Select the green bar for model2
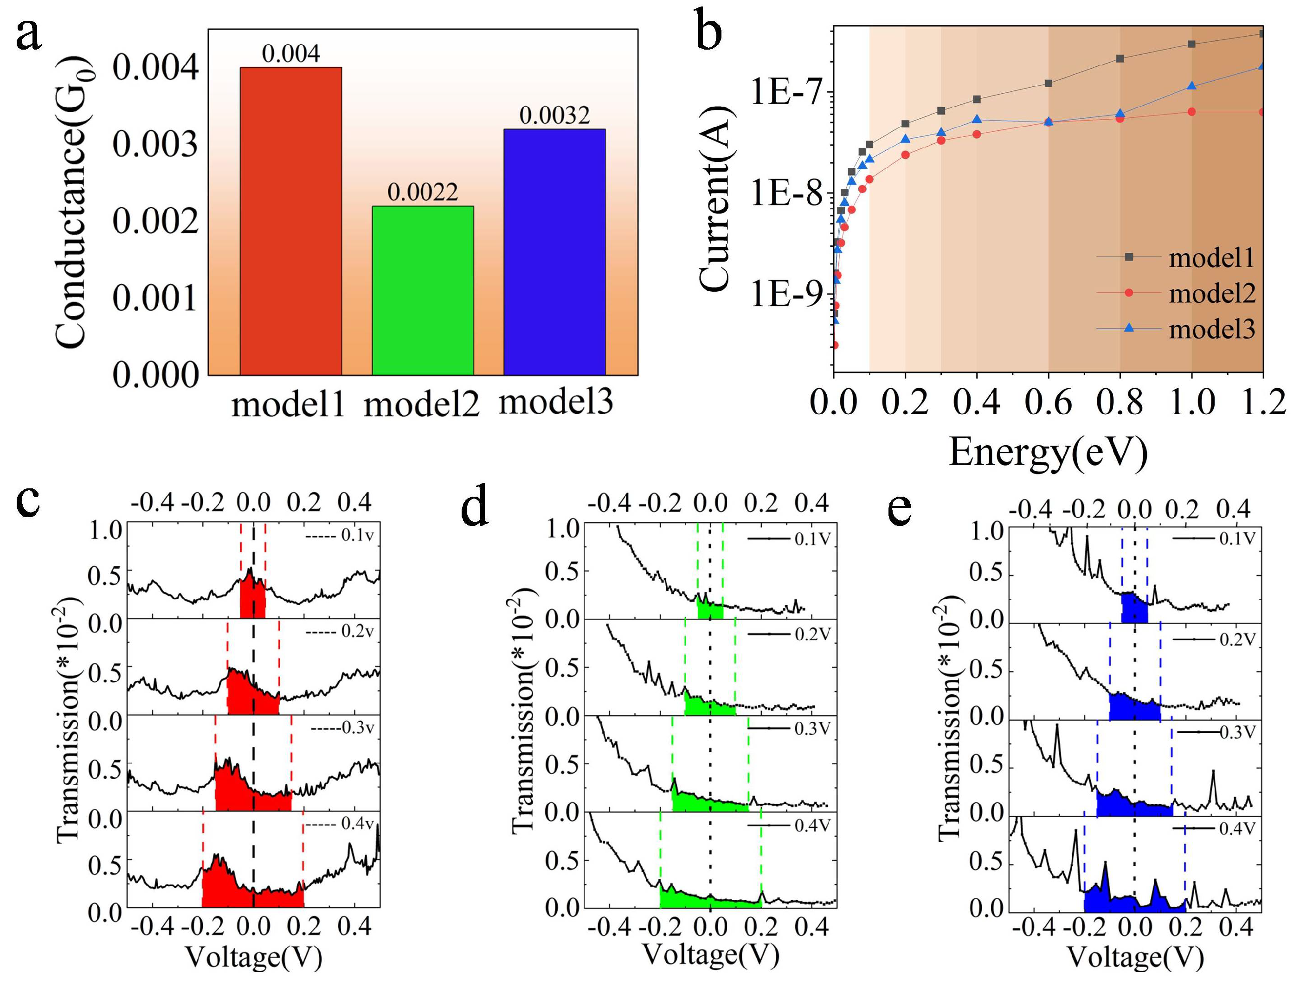(423, 290)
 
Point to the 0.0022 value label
(423, 192)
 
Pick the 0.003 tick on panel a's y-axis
(155, 144)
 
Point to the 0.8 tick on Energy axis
(1120, 403)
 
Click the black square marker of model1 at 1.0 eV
(1192, 44)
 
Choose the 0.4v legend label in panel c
(357, 824)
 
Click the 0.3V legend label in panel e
(1237, 732)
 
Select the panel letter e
(900, 509)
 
